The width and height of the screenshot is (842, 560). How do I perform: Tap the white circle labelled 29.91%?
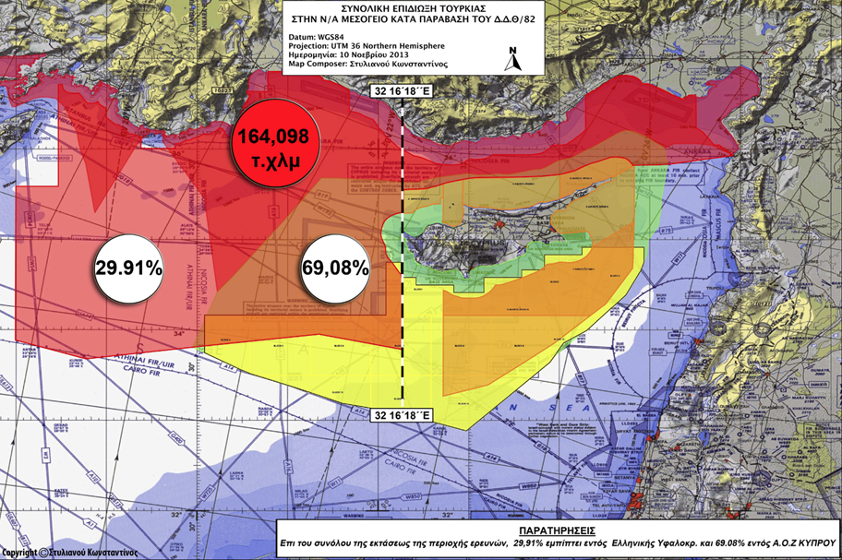click(128, 268)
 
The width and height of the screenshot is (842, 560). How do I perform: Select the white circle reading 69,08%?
click(336, 268)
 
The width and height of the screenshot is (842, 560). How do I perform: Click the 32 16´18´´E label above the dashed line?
click(403, 93)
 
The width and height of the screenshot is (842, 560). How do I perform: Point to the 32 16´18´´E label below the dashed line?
click(403, 415)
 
